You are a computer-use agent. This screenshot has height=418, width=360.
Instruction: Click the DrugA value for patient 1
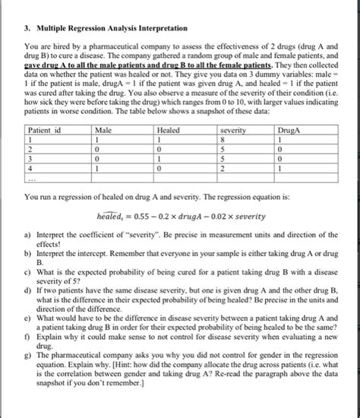(282, 141)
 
